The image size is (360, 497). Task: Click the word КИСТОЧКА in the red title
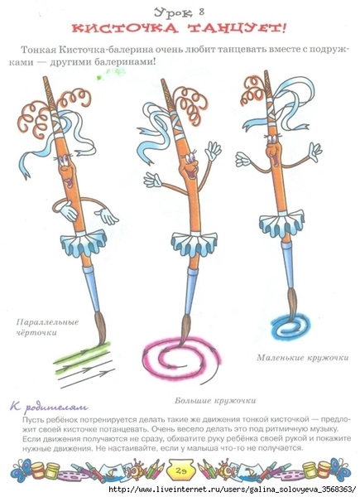click(124, 28)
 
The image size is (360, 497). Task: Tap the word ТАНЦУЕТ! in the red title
click(238, 28)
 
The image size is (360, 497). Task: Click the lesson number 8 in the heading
click(202, 12)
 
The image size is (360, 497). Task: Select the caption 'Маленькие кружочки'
click(302, 358)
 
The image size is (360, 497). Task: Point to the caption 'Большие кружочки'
click(215, 400)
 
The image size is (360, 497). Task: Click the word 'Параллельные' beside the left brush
click(47, 322)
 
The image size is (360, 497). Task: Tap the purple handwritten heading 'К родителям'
click(49, 407)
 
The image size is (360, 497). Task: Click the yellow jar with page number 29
click(180, 470)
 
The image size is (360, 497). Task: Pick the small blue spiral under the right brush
click(290, 326)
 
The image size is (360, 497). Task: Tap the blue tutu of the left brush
click(84, 242)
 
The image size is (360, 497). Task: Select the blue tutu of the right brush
click(282, 223)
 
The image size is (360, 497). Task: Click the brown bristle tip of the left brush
click(101, 328)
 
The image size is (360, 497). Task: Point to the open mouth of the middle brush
click(191, 174)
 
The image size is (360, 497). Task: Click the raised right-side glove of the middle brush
click(213, 151)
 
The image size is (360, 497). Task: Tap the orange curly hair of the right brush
click(253, 90)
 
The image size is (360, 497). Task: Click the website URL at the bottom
click(232, 489)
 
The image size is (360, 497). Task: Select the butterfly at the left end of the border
click(22, 470)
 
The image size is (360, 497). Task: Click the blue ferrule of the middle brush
click(191, 291)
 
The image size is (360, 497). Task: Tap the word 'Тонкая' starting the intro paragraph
click(38, 50)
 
